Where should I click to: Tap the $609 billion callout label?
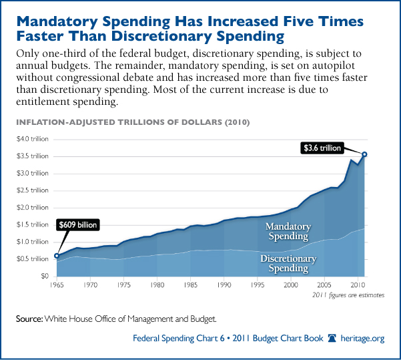point(79,225)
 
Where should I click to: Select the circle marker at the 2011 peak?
point(365,154)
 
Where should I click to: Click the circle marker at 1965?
point(57,255)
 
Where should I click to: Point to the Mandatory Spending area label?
point(288,231)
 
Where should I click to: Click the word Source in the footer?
point(30,319)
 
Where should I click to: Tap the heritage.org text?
point(364,339)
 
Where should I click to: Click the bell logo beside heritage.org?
point(332,339)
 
